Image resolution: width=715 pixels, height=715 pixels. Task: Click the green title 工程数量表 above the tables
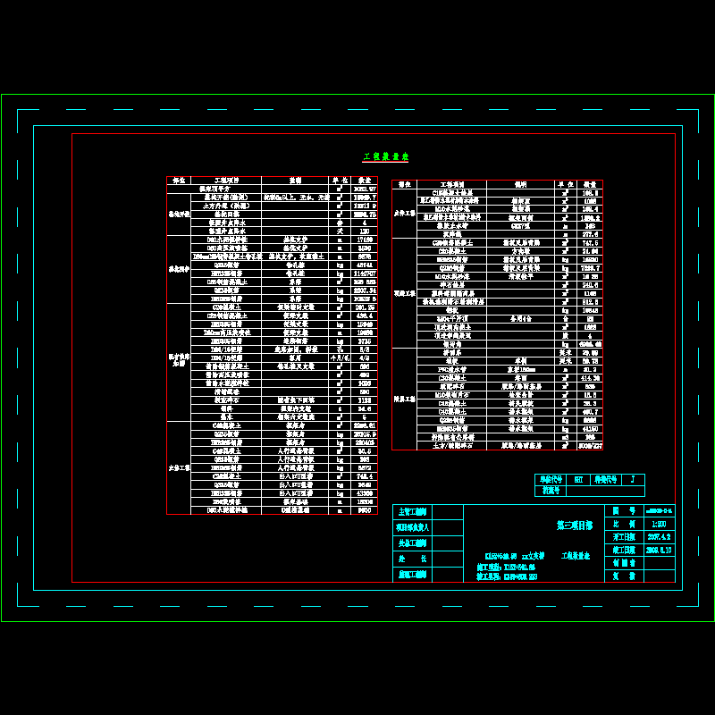pos(385,156)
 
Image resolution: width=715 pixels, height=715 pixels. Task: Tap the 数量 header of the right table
pos(590,184)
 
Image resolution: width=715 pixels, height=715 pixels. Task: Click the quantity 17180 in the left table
pos(364,240)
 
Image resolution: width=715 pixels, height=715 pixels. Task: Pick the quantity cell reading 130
pos(364,231)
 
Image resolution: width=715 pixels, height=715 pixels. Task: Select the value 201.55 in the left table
pos(364,308)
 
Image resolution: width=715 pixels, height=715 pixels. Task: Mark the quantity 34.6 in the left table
pos(364,451)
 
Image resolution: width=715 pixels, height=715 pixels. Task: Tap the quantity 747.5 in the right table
pos(590,242)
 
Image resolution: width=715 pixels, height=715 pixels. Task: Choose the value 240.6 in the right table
pos(590,285)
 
